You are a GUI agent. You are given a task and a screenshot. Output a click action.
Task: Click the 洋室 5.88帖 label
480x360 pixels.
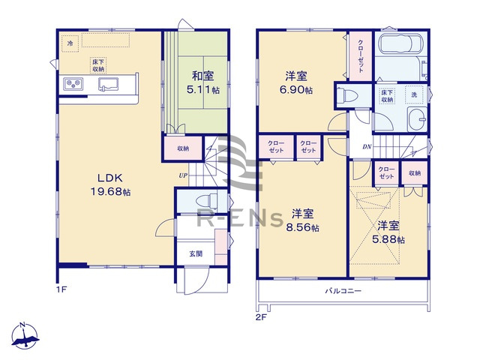coord(390,232)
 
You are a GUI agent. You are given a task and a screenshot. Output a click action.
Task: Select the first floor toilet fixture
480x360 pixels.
coord(207,201)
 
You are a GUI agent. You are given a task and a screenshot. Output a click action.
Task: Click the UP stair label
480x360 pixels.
coord(182,175)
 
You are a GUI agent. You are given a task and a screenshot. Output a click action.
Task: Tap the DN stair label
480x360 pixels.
coord(367,147)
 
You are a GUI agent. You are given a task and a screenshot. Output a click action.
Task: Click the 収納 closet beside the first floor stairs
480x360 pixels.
coord(184,148)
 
